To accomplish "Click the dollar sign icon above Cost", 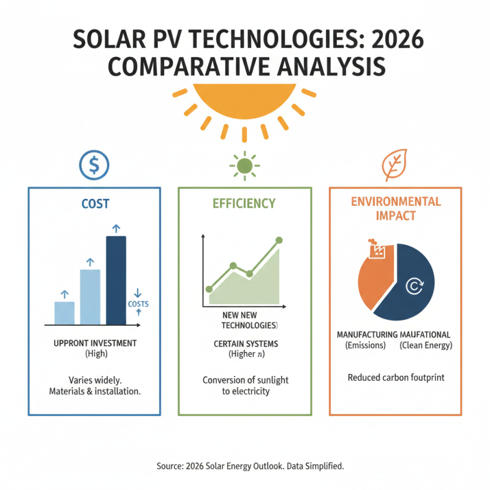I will click(x=94, y=165).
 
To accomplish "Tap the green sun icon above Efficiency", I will click(x=244, y=165).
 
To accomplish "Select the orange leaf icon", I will click(x=392, y=165).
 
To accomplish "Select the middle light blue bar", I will click(x=90, y=296).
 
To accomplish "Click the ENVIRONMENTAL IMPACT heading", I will click(x=395, y=208).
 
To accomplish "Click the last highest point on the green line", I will click(x=279, y=240).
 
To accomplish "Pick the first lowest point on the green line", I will click(x=209, y=288).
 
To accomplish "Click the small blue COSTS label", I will click(x=138, y=304).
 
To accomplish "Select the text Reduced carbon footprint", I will click(x=395, y=377).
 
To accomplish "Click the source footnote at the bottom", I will click(x=244, y=466).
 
